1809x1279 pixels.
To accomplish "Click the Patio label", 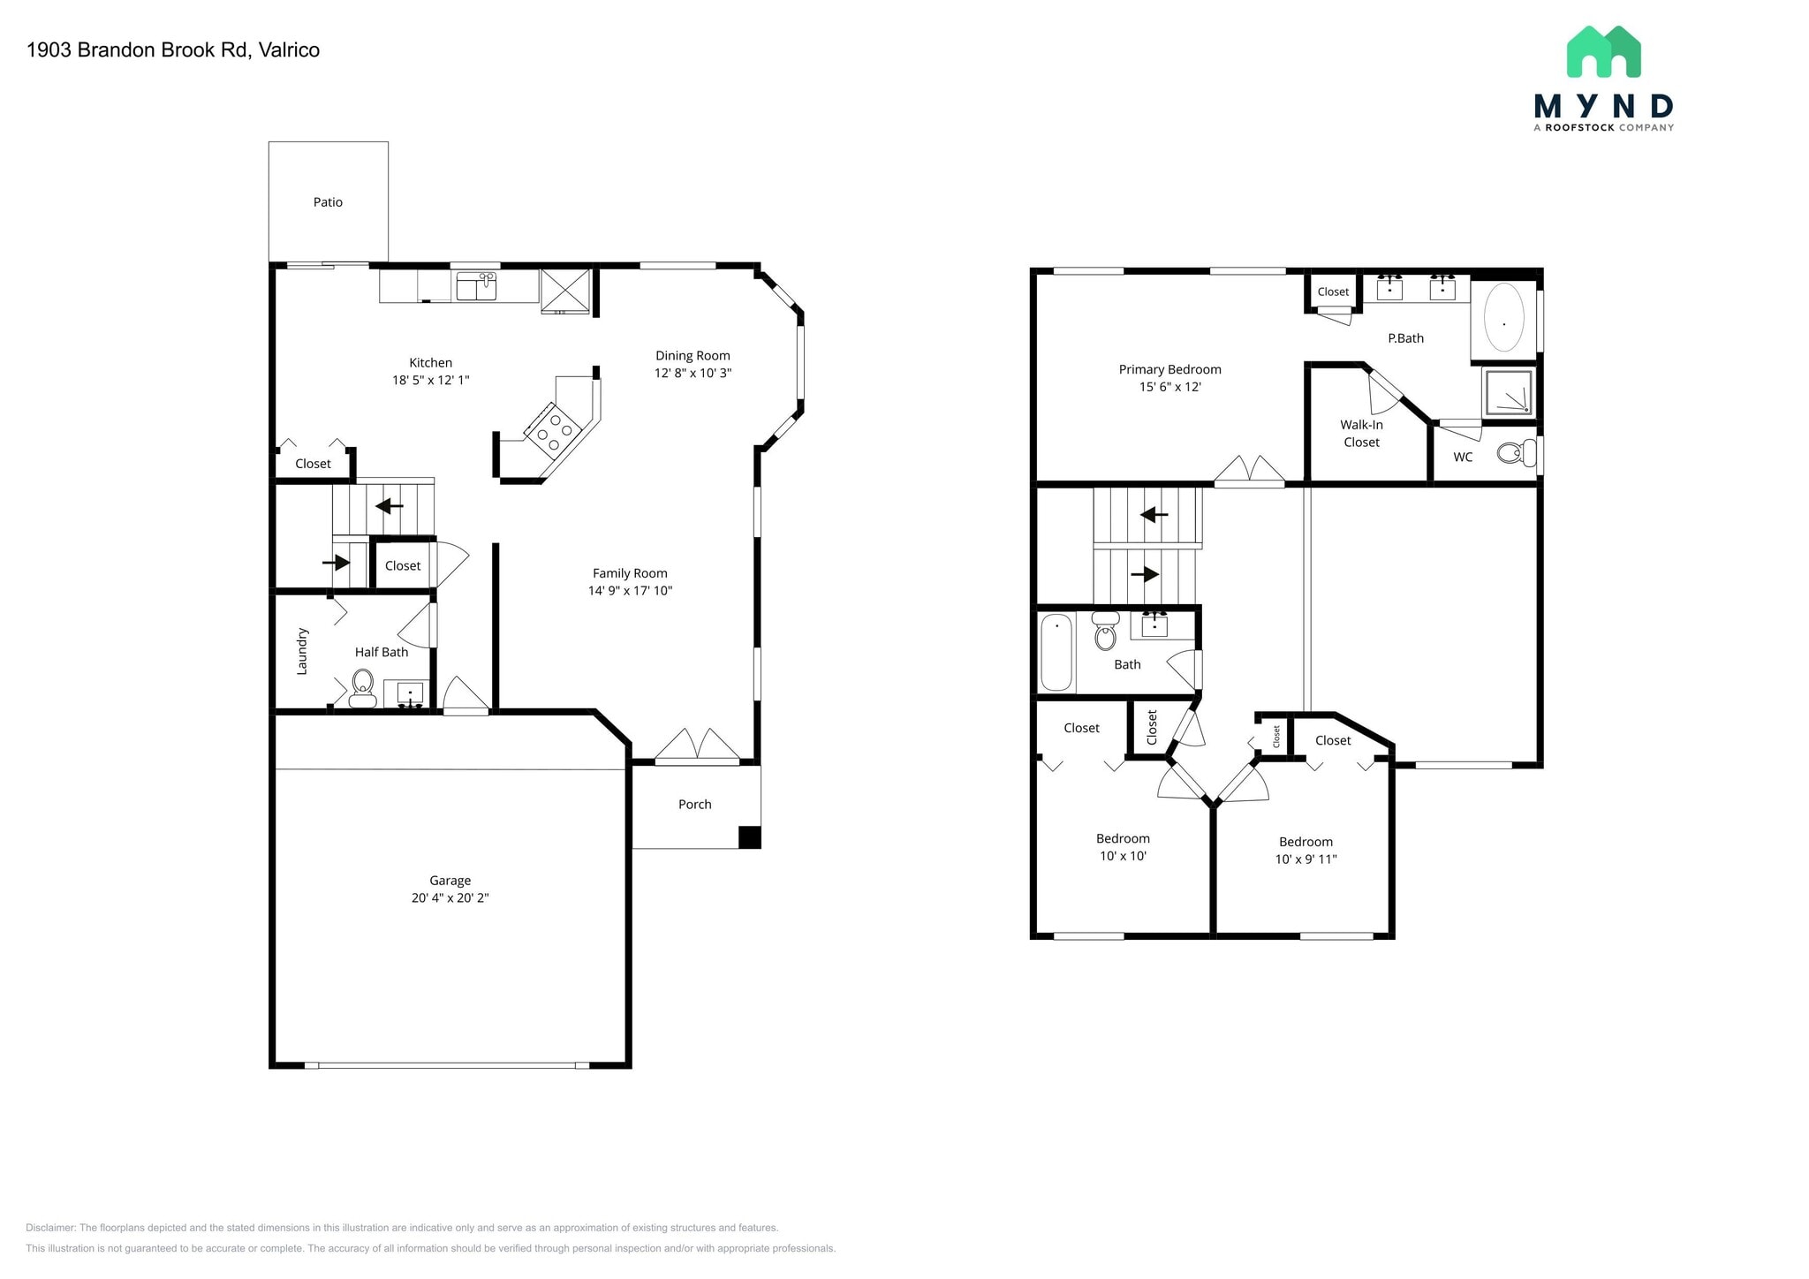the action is [328, 202].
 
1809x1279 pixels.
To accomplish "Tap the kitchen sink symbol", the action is [476, 286].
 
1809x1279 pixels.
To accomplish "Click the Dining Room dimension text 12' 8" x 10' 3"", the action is [693, 373].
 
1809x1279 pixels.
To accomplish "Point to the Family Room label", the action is [630, 573].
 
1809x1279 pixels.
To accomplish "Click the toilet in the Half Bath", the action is [362, 688].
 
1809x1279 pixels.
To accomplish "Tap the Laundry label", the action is [302, 652].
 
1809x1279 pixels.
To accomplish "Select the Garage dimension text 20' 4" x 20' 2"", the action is [450, 898].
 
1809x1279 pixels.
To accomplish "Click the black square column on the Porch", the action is [749, 837].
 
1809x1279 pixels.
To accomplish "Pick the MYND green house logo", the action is [1603, 51].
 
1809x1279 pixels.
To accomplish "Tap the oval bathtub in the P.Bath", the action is [1503, 318].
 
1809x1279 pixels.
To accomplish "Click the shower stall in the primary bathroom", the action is [1508, 392].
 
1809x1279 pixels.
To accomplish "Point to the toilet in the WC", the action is [1518, 453].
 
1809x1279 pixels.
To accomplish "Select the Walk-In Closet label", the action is [1361, 434].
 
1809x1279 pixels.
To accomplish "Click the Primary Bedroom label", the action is [1169, 370].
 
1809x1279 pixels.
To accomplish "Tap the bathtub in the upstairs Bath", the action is [1056, 653].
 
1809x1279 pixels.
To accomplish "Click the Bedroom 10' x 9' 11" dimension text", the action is [1306, 859].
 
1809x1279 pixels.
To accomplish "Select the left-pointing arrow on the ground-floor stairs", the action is [390, 506].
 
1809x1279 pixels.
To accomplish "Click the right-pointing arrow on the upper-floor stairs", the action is [1145, 574].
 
